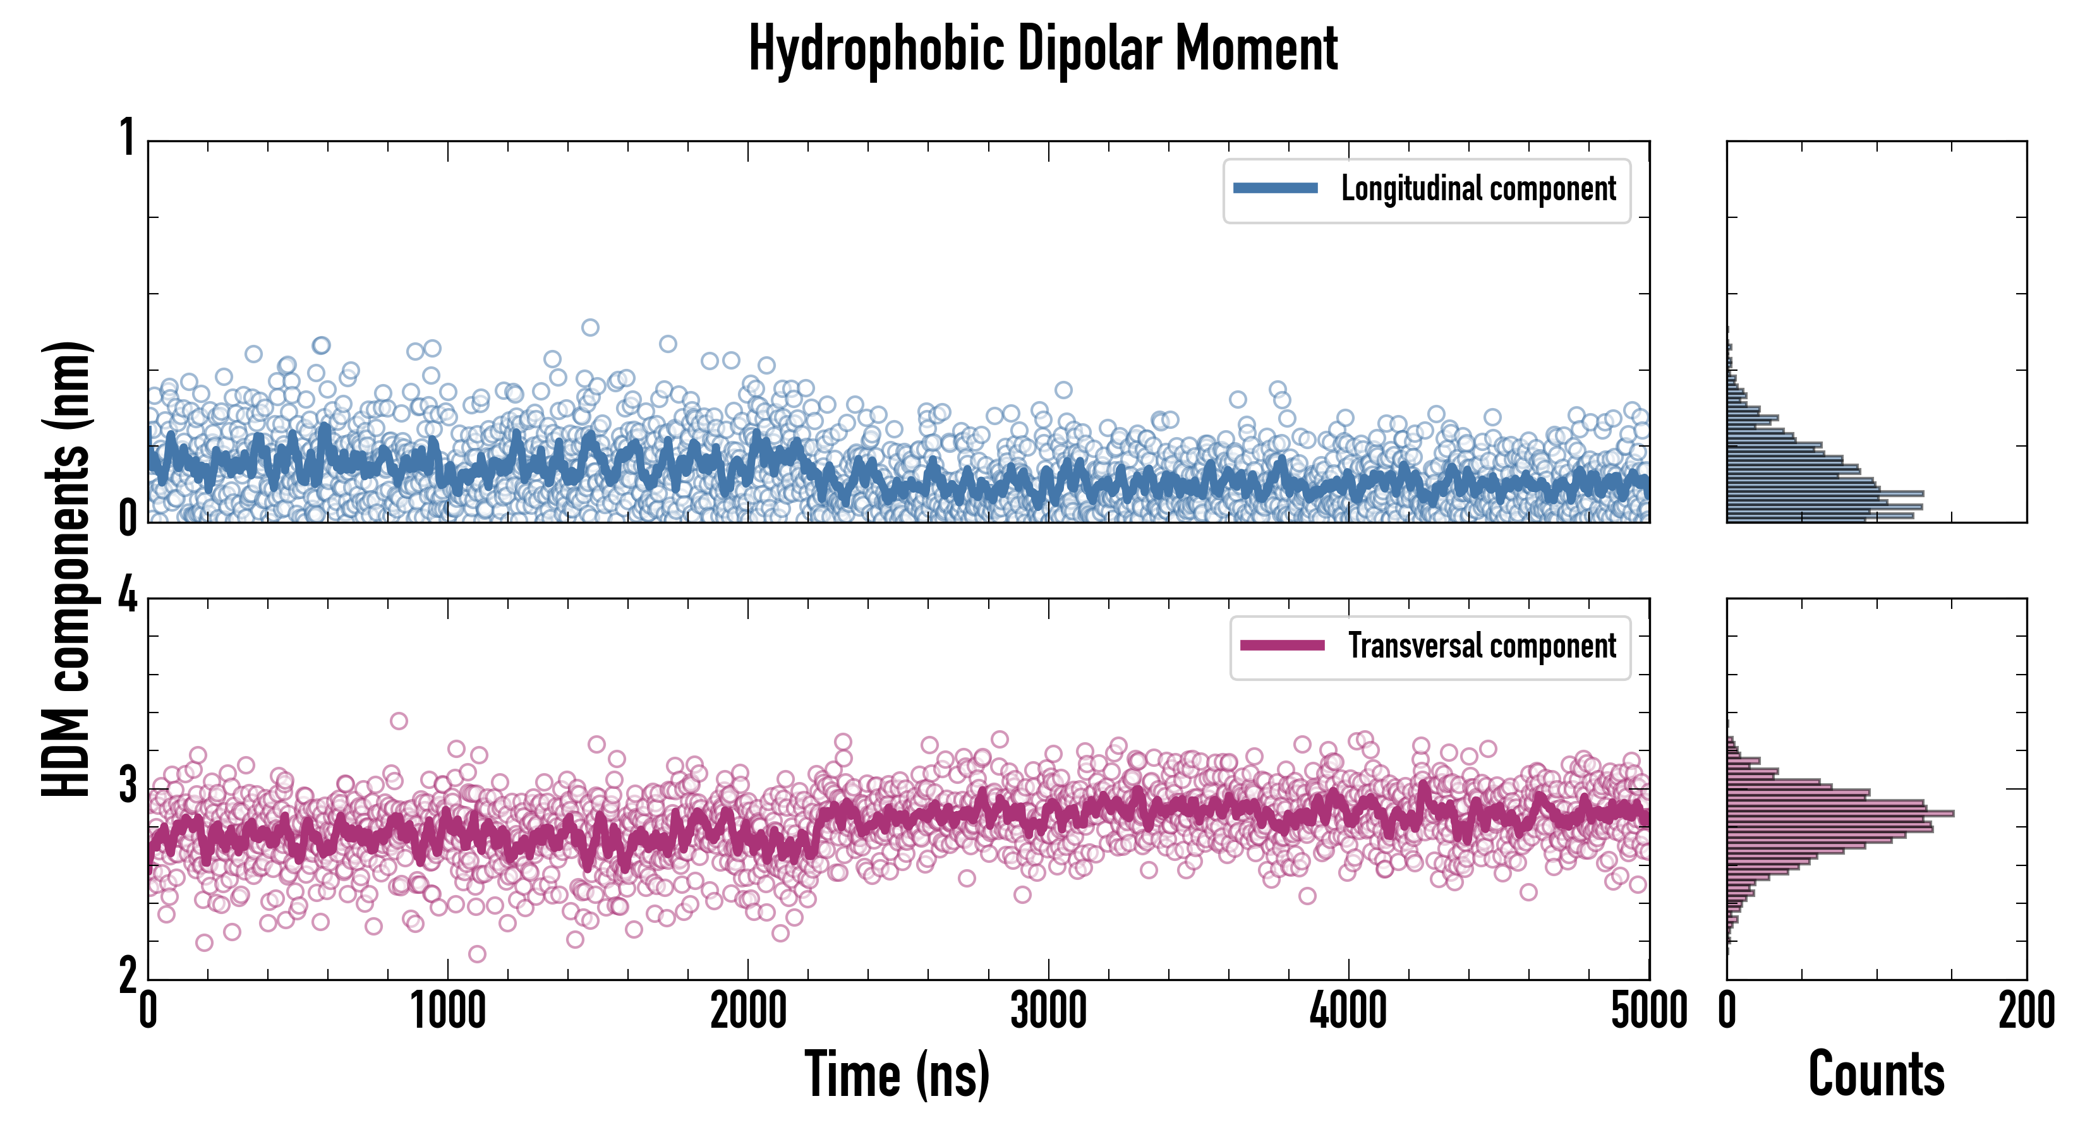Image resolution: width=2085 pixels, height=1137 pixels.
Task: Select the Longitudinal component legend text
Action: pyautogui.click(x=1478, y=189)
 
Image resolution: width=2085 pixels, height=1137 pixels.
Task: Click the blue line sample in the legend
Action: pyautogui.click(x=1275, y=189)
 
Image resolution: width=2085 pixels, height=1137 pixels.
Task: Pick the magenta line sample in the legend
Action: pyautogui.click(x=1282, y=646)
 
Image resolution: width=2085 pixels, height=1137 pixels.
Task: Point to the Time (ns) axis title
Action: pyautogui.click(x=897, y=1074)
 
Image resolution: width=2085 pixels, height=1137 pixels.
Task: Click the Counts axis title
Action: pyautogui.click(x=1876, y=1074)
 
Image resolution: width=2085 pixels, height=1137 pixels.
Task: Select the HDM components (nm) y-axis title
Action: pyautogui.click(x=66, y=569)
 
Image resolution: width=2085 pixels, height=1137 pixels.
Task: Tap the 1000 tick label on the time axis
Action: pyautogui.click(x=447, y=1011)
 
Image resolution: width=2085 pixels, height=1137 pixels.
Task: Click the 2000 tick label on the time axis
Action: pyautogui.click(x=748, y=1011)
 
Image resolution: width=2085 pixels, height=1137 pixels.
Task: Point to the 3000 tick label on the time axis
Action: pyautogui.click(x=1048, y=1011)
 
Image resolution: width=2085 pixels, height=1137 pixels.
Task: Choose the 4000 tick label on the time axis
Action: pyautogui.click(x=1348, y=1011)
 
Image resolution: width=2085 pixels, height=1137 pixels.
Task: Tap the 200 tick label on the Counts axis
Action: pyautogui.click(x=2026, y=1011)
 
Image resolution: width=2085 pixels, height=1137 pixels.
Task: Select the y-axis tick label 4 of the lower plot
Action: pyautogui.click(x=128, y=597)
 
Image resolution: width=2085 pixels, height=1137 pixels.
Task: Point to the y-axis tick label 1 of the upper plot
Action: pyautogui.click(x=128, y=138)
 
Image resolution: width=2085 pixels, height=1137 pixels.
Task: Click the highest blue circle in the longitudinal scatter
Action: pyautogui.click(x=590, y=328)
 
